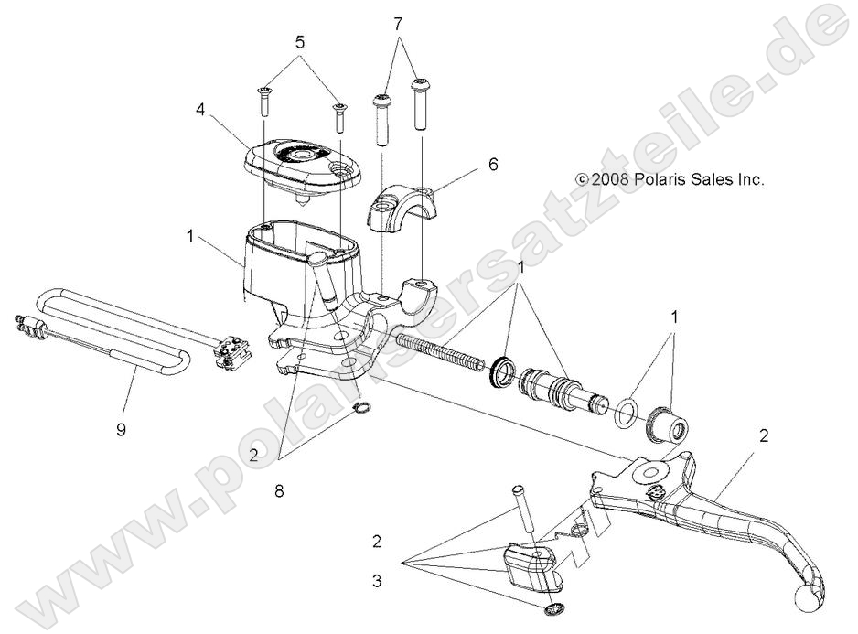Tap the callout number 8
[278, 491]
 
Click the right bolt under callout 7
[420, 104]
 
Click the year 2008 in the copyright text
[610, 180]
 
